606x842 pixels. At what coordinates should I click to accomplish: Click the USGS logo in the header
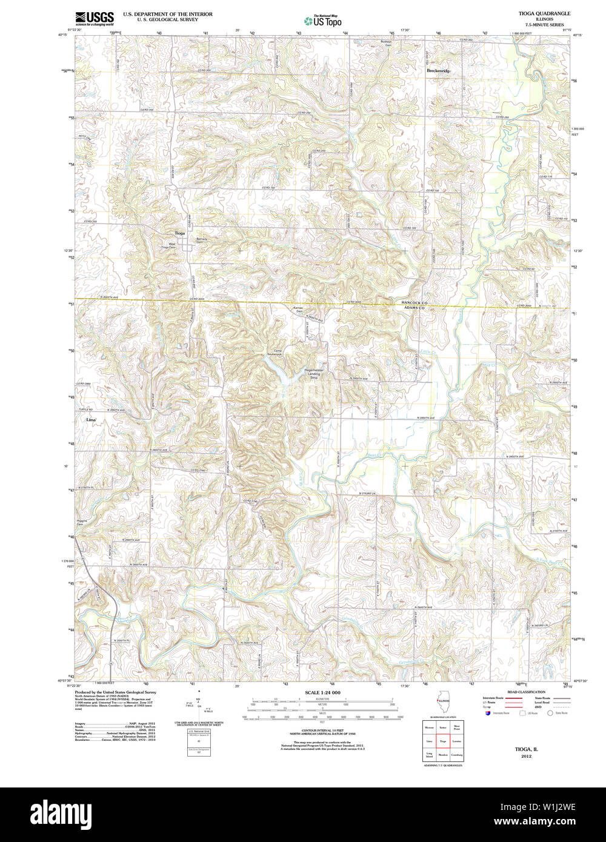coord(94,18)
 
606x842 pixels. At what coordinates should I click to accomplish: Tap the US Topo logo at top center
coord(323,21)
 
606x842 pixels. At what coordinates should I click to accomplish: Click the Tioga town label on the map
coord(179,233)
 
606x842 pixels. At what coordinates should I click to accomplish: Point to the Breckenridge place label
coord(438,71)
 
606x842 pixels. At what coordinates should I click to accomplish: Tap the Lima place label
coord(92,419)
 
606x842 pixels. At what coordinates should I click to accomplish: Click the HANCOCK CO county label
coord(415,302)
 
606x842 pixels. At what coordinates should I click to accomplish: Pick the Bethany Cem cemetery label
coord(201,240)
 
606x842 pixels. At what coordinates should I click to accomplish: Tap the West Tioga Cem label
coord(168,246)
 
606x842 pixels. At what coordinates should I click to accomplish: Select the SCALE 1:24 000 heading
coord(322,692)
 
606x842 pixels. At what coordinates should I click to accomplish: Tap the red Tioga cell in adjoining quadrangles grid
coord(443,741)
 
